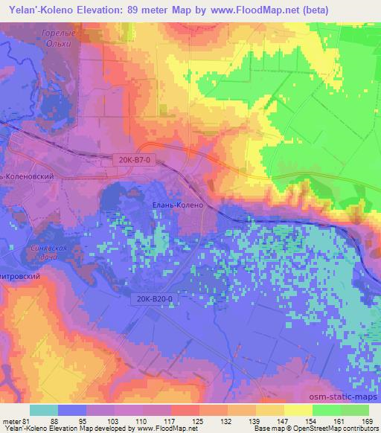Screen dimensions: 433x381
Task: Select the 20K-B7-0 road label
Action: [x=136, y=158]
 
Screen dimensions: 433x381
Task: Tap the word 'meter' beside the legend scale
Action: [x=12, y=421]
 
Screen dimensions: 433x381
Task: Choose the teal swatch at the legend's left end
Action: [x=43, y=410]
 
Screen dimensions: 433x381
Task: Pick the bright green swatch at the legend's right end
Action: [x=355, y=410]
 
